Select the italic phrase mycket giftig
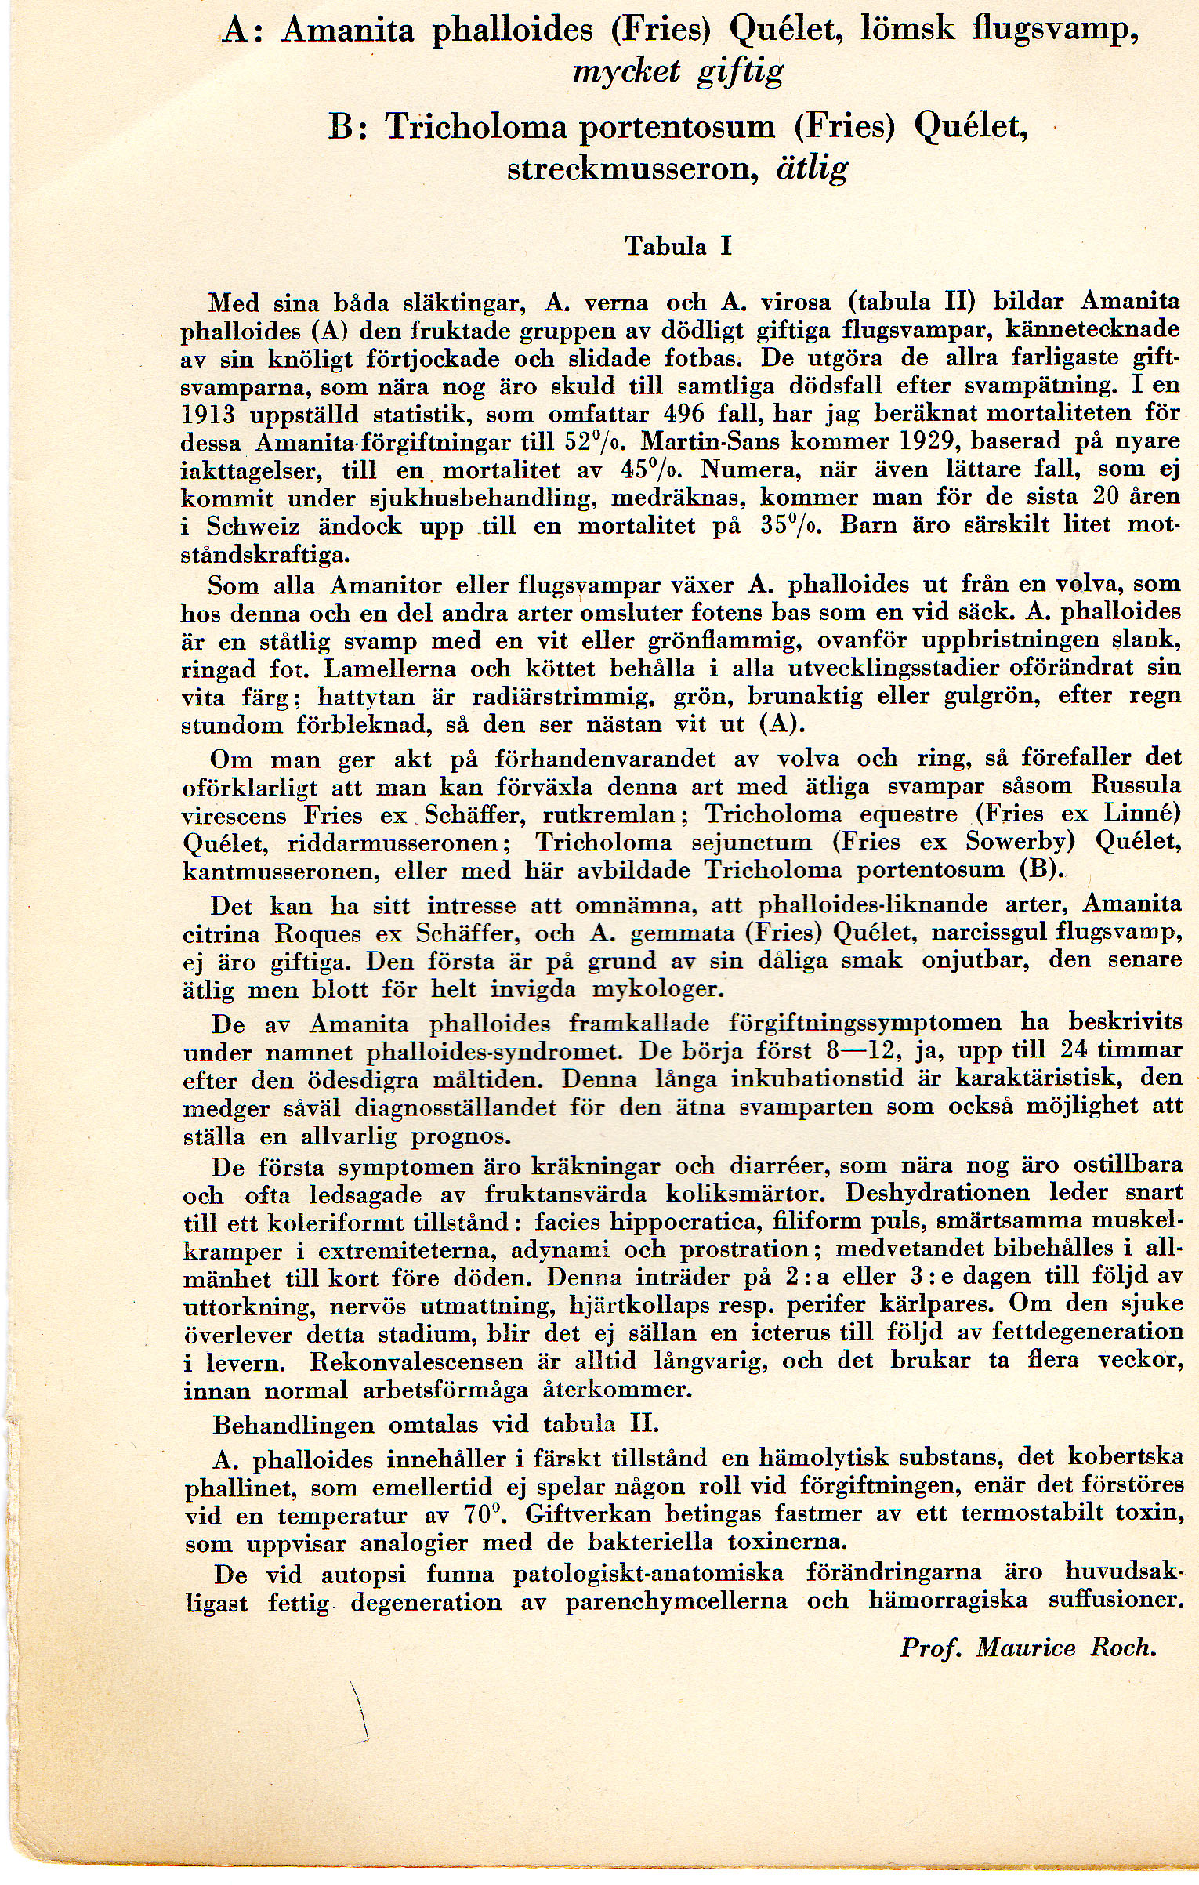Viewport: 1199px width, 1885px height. (678, 73)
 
